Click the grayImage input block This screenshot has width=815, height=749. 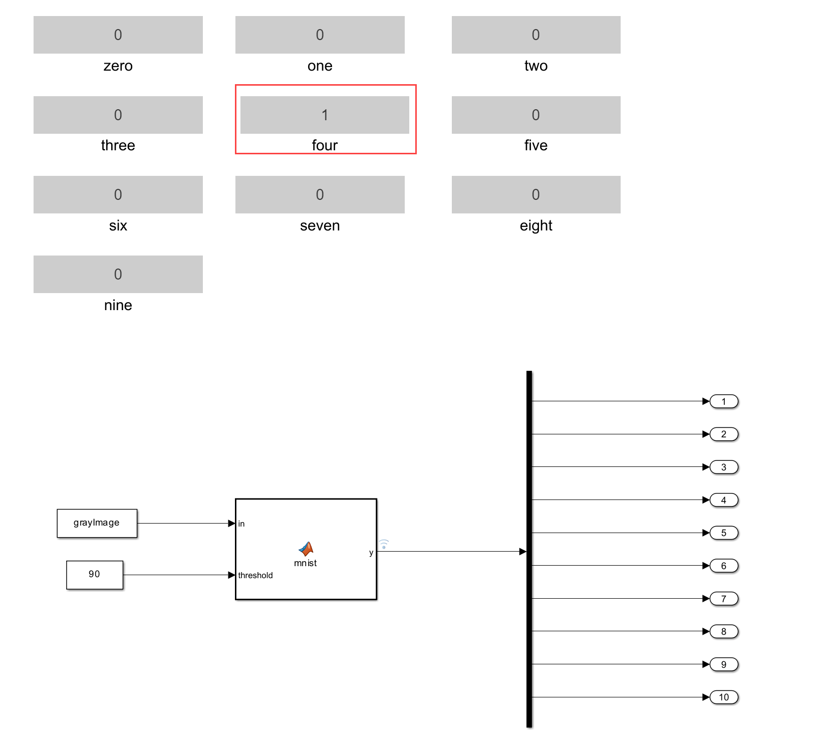(97, 523)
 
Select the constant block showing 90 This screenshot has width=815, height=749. (95, 575)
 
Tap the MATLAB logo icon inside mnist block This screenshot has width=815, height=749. (306, 549)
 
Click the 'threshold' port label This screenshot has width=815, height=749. (255, 575)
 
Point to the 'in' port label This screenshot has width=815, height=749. (241, 524)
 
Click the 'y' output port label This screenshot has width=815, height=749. (371, 552)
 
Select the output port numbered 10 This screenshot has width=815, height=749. (724, 697)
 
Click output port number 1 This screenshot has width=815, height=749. (724, 401)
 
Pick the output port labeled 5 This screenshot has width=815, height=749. (724, 533)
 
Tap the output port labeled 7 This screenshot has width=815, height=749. (724, 599)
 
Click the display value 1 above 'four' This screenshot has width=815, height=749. (325, 115)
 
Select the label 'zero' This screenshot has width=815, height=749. (118, 66)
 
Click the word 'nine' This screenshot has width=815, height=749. (118, 305)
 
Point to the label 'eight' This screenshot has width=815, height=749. (536, 225)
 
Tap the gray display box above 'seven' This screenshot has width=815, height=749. (320, 194)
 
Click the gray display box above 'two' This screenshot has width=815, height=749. (536, 35)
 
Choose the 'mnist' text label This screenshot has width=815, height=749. (306, 563)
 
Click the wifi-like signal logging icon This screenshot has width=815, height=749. (384, 544)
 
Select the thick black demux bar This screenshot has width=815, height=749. (529, 549)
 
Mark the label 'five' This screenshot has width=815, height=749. (536, 145)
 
